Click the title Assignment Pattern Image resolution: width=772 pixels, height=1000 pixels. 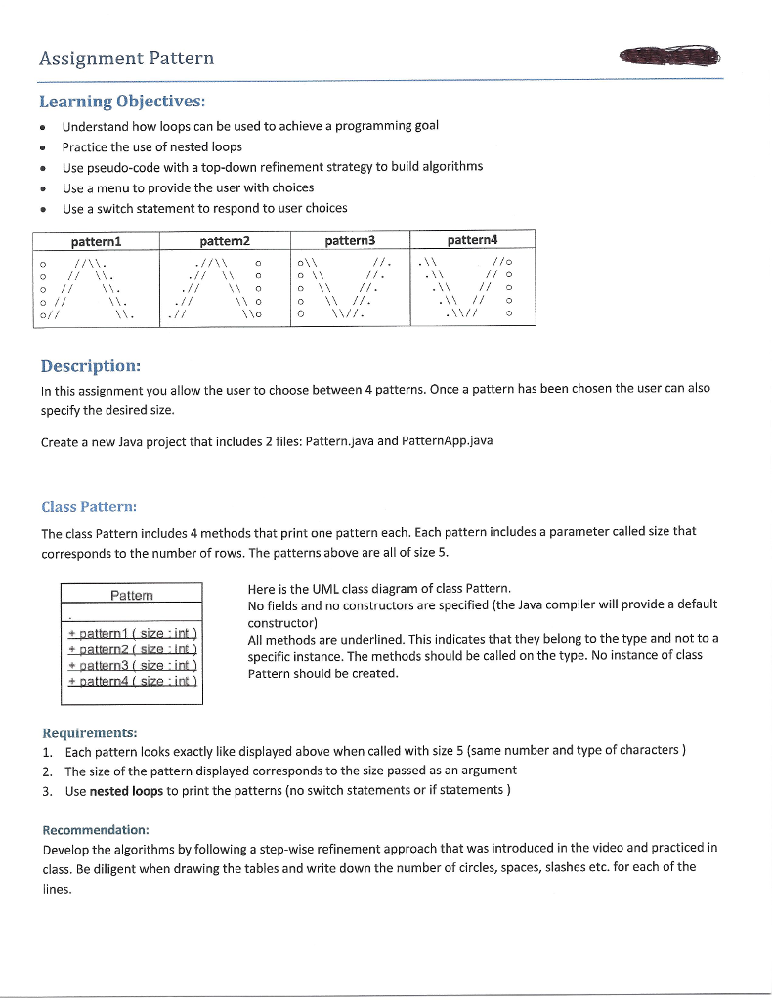click(126, 59)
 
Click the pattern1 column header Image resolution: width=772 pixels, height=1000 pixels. click(96, 240)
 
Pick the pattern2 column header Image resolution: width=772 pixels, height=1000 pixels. click(225, 240)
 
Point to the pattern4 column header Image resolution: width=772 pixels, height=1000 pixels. click(472, 239)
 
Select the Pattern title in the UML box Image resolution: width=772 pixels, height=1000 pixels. click(131, 595)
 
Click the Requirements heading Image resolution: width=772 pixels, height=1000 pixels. click(90, 732)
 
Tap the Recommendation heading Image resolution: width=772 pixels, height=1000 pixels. click(95, 828)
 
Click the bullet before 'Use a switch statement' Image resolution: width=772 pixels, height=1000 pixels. click(43, 209)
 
